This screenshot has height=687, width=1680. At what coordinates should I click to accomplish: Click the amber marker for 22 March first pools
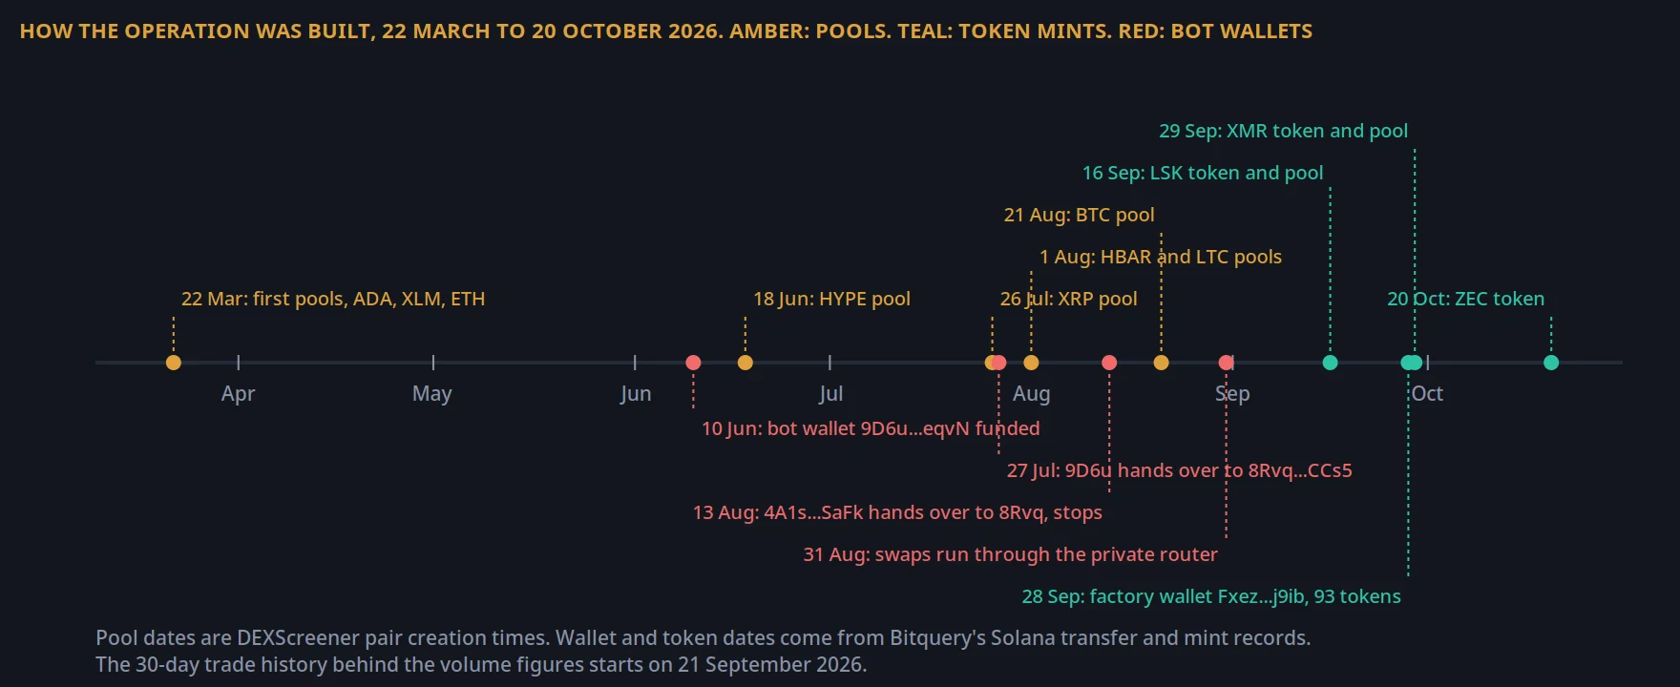point(173,363)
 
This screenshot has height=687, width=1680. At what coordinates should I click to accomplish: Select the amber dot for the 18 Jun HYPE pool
point(745,363)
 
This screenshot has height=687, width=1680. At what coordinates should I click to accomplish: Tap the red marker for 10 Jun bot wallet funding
point(693,363)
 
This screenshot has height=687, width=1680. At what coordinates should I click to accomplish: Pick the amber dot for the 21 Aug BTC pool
point(1161,363)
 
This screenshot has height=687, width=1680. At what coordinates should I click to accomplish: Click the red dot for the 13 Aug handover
point(1109,363)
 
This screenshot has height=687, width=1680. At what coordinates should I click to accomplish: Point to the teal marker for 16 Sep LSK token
point(1330,363)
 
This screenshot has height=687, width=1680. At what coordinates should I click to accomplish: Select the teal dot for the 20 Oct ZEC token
point(1551,363)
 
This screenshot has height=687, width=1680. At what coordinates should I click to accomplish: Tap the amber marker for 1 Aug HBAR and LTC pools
point(1031,363)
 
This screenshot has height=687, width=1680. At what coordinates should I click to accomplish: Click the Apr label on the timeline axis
point(238,394)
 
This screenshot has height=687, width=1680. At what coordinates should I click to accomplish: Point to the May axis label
point(432,394)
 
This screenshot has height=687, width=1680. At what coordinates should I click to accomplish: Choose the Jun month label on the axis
point(636,394)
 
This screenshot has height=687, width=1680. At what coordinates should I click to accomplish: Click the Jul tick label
point(830,394)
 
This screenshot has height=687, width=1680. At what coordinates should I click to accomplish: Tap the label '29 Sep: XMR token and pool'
point(1283,131)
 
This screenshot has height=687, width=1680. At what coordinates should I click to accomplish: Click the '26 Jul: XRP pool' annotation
point(1068,299)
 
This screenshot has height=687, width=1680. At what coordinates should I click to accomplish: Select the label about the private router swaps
point(1010,554)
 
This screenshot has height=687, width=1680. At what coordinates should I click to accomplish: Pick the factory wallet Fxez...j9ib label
point(1211,596)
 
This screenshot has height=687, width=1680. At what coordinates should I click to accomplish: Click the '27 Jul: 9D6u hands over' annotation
point(1179,470)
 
